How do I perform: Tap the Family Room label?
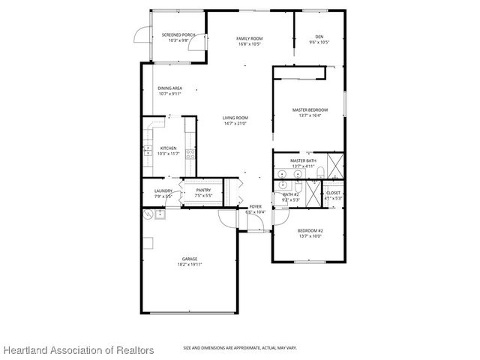248,38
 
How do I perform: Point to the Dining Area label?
169,88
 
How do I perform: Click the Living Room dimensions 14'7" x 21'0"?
235,124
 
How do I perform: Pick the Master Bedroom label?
310,109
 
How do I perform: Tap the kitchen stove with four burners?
190,155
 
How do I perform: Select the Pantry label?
203,190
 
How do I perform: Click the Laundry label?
163,190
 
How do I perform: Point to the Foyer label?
256,206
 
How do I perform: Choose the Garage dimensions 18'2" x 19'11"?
190,265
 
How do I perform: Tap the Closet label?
334,193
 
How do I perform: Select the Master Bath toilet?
320,174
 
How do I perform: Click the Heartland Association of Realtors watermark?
78,350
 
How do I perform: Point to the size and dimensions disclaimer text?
240,348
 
